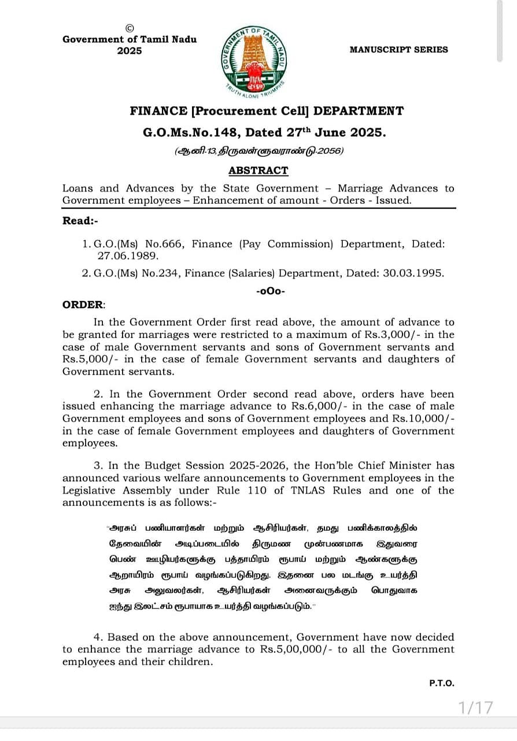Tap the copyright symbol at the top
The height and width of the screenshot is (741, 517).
click(x=130, y=28)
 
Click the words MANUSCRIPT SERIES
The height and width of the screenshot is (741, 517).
click(x=398, y=50)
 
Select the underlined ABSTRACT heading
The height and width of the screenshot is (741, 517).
click(x=258, y=170)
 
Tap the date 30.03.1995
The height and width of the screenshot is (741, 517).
click(x=415, y=273)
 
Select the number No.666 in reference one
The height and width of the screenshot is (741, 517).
click(x=165, y=244)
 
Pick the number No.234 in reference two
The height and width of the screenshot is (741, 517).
click(x=165, y=273)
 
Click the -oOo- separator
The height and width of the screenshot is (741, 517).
click(x=270, y=291)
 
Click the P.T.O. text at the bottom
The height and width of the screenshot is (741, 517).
click(x=442, y=683)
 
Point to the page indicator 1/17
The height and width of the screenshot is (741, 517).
click(x=476, y=707)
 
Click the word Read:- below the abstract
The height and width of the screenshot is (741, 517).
click(x=77, y=221)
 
